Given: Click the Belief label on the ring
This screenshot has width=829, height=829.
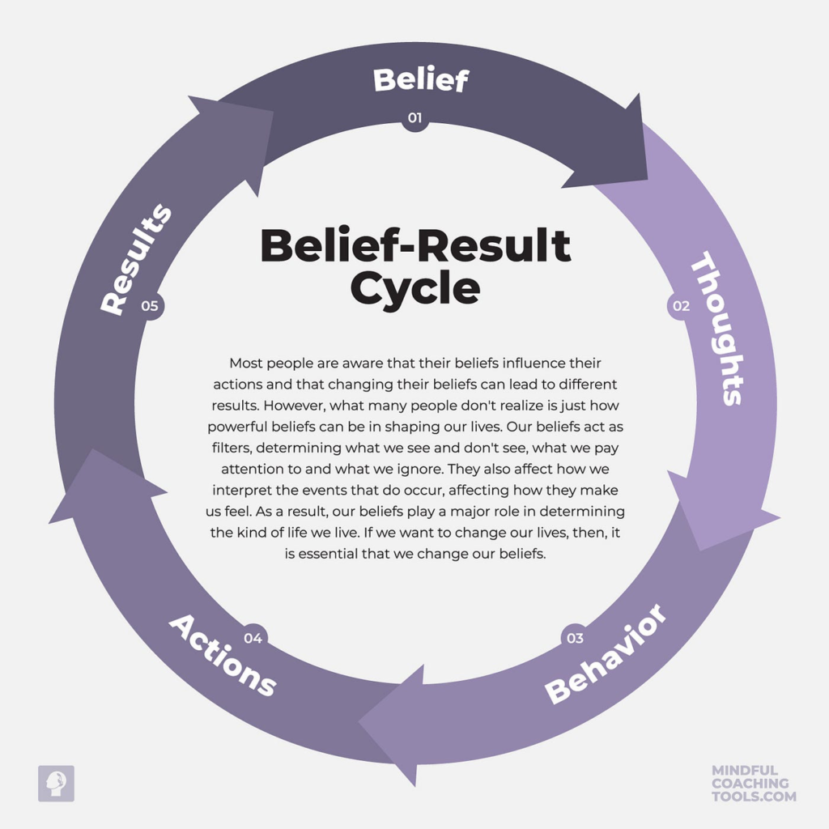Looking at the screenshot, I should pyautogui.click(x=420, y=80).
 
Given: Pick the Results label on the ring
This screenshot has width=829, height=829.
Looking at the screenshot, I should pyautogui.click(x=136, y=259).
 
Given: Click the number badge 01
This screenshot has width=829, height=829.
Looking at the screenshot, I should pyautogui.click(x=414, y=118).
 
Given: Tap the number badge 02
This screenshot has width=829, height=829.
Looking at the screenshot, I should pyautogui.click(x=681, y=306).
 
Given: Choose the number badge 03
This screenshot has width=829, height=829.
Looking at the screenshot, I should pyautogui.click(x=574, y=638).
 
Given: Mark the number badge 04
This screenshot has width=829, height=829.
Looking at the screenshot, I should pyautogui.click(x=253, y=638).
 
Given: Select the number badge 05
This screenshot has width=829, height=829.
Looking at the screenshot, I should pyautogui.click(x=149, y=306).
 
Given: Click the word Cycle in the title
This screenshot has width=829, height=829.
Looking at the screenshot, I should pyautogui.click(x=415, y=287).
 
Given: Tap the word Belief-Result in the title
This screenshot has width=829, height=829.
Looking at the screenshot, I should pyautogui.click(x=415, y=245).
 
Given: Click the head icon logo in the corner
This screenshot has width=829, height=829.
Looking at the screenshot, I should pyautogui.click(x=56, y=783).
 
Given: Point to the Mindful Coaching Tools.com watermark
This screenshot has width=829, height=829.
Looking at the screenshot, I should pyautogui.click(x=754, y=784).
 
